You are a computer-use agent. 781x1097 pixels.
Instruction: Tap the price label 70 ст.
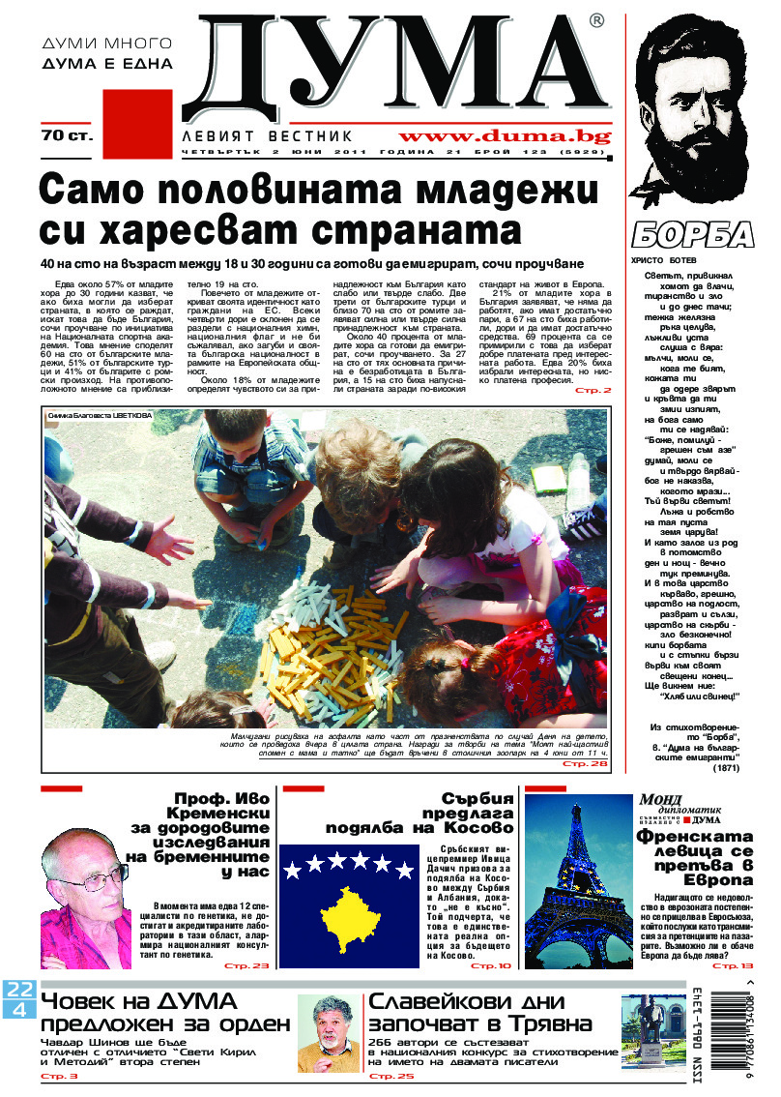[66, 135]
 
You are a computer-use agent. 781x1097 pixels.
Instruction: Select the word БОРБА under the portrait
[693, 235]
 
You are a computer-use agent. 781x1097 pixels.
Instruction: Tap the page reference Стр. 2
[593, 390]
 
